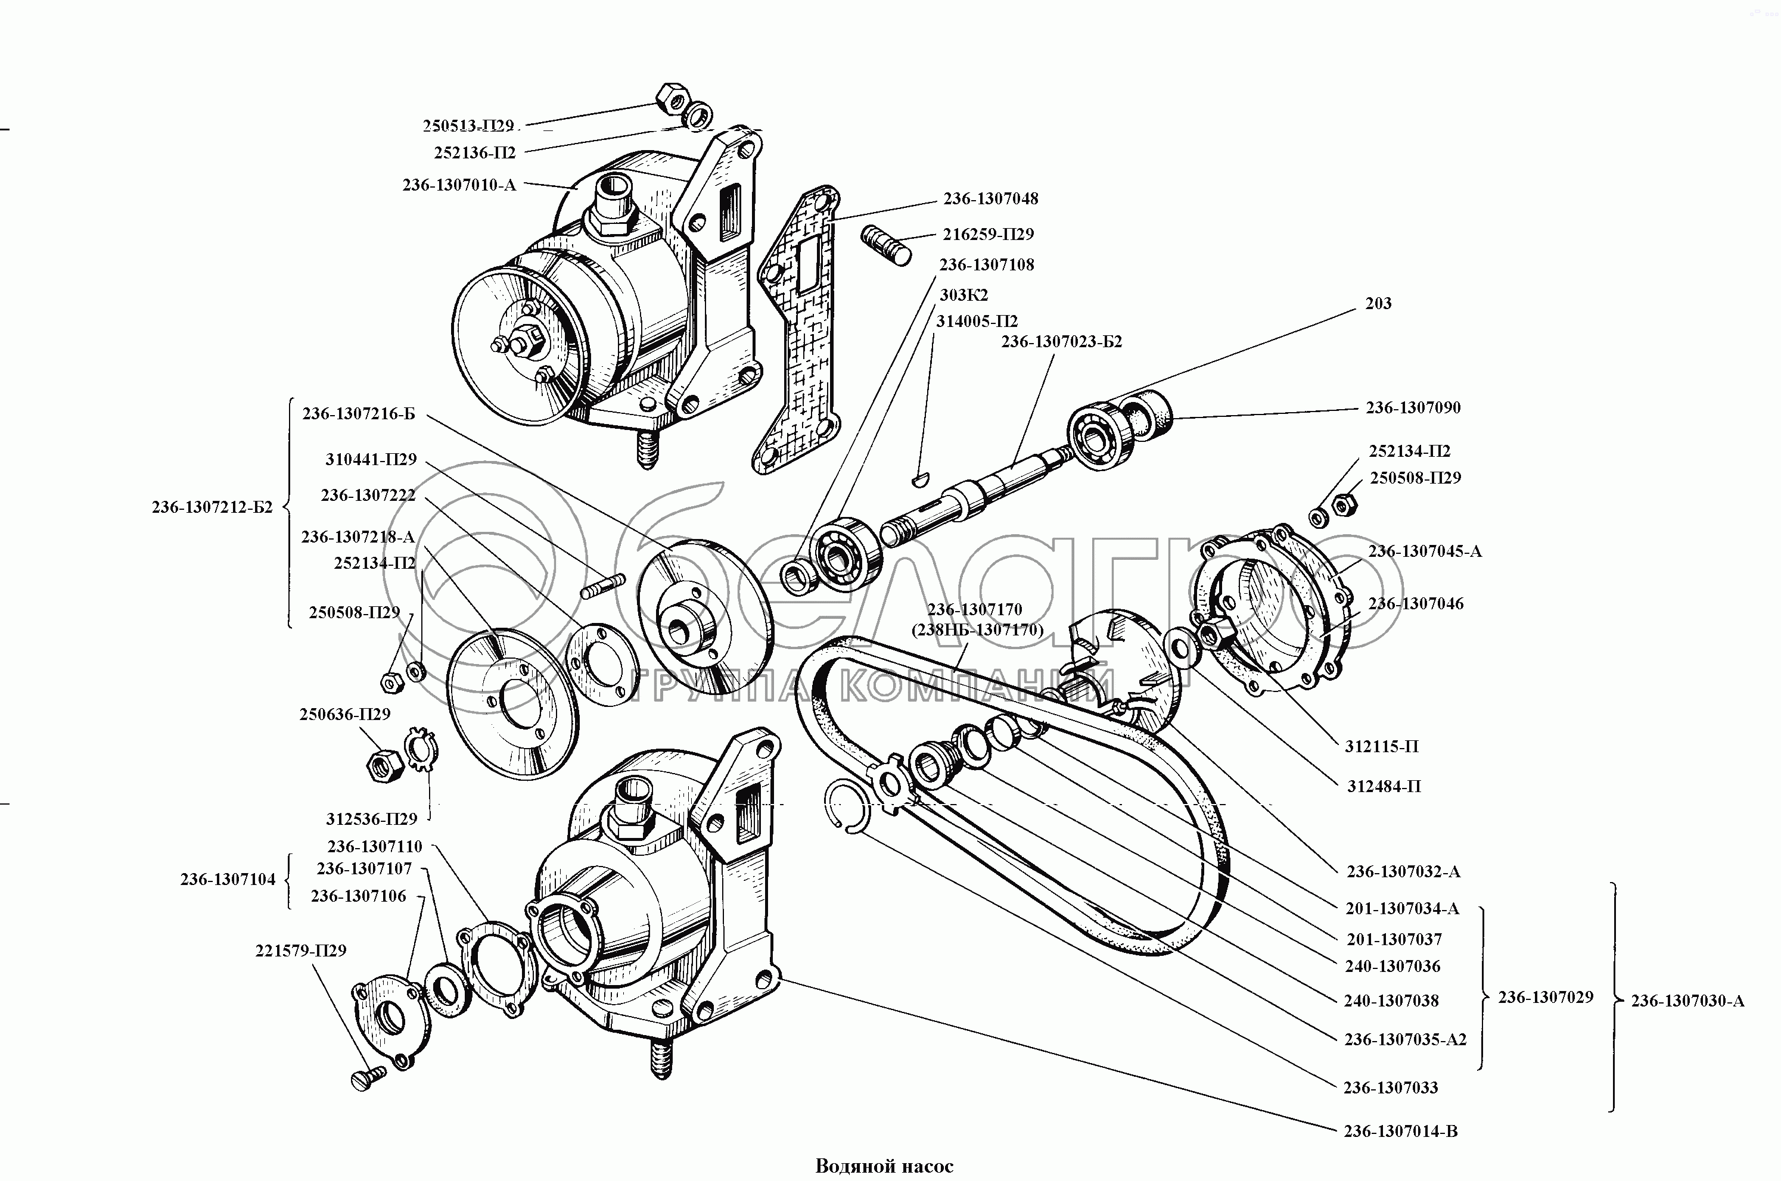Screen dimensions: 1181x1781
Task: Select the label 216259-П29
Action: (988, 234)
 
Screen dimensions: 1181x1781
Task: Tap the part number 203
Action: (1378, 304)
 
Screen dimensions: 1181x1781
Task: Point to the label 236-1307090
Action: (1413, 407)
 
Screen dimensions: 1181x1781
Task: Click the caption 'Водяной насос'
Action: (884, 1167)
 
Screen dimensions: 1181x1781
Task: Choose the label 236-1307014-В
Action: (1400, 1152)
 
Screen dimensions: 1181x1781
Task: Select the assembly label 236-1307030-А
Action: (1687, 1001)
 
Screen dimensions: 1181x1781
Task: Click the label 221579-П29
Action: (300, 951)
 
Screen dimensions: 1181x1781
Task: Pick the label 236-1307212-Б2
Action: (212, 507)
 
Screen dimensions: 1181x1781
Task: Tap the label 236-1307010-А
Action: (459, 185)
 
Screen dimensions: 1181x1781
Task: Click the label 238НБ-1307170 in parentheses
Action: (977, 630)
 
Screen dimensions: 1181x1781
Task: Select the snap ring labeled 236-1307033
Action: (849, 806)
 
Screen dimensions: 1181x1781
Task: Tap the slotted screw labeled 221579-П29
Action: (368, 1079)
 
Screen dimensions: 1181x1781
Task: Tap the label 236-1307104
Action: (228, 879)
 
